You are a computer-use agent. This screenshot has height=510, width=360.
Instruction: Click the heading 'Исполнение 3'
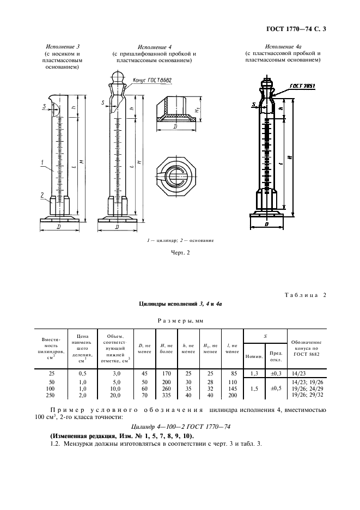(x=62, y=47)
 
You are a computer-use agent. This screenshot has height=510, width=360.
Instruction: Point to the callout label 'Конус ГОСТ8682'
(x=152, y=80)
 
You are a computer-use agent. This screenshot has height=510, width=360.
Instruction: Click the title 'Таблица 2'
(x=304, y=295)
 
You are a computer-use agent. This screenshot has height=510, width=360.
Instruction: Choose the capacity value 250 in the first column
(x=51, y=394)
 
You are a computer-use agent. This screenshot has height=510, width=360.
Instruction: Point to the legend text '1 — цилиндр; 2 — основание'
(x=180, y=240)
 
